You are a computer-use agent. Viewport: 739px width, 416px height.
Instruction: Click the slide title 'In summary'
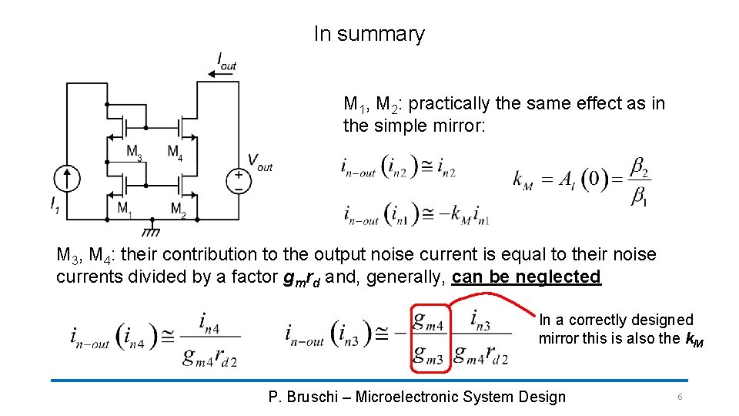tap(369, 34)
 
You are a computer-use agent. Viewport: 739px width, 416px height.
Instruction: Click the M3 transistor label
tap(134, 151)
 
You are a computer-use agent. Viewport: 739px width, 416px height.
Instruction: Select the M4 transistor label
tap(175, 151)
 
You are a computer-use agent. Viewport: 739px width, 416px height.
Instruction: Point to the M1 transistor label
tap(124, 208)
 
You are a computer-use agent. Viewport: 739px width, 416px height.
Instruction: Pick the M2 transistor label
tap(177, 209)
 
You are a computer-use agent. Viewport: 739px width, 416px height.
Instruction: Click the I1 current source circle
tap(68, 179)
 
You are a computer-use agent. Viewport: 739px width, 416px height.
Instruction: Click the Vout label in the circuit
tap(259, 162)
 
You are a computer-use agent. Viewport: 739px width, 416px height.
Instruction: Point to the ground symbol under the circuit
tap(152, 230)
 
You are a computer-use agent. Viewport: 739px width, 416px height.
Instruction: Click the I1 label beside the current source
tap(54, 205)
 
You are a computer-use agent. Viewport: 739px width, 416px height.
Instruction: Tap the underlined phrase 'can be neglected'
tap(527, 277)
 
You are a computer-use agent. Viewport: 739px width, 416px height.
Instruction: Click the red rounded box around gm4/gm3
tap(429, 337)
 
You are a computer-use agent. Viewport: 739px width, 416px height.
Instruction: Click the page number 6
tap(679, 397)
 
